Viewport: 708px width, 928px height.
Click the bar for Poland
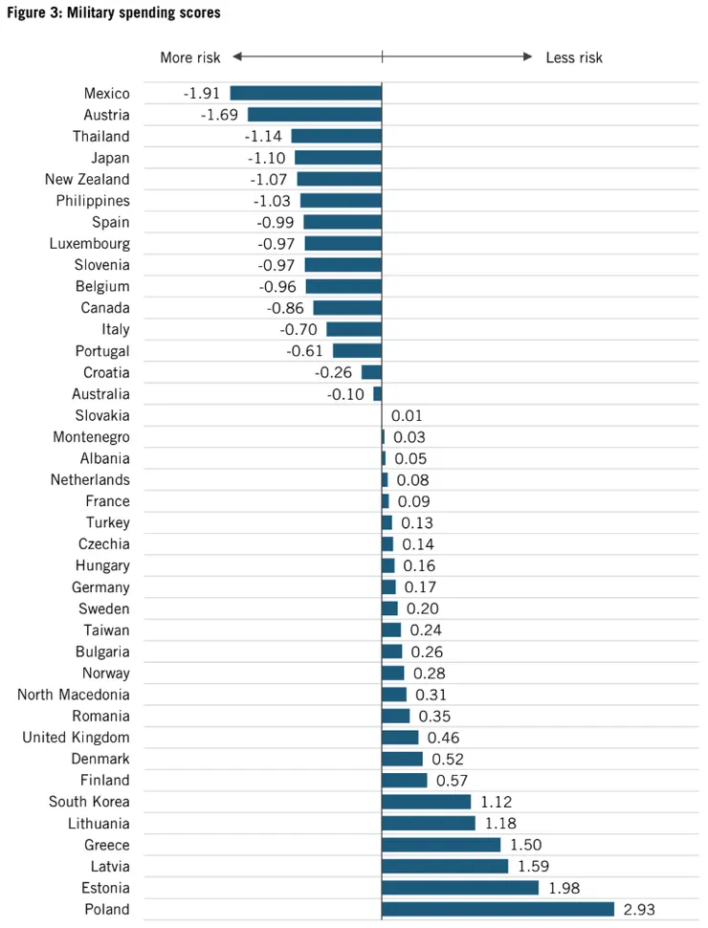pos(498,909)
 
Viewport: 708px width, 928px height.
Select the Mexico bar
pos(305,94)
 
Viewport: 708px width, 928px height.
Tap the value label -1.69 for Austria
pos(219,115)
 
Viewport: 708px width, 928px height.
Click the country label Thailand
pos(100,137)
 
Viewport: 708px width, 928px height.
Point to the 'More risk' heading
pos(189,57)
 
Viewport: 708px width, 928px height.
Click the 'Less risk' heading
pos(574,57)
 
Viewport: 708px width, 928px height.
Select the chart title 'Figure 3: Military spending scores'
pos(114,12)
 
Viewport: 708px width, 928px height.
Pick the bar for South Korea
pos(426,802)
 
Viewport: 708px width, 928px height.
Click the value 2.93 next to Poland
pos(639,909)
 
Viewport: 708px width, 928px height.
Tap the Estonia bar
pos(460,888)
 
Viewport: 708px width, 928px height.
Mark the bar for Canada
pos(347,308)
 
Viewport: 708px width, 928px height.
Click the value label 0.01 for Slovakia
pos(407,416)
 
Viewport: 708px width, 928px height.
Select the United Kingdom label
pos(76,738)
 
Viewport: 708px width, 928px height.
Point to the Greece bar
pos(441,845)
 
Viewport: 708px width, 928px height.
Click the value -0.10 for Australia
pos(345,394)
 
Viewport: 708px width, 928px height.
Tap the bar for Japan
pos(338,158)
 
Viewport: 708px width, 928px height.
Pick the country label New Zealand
pos(87,180)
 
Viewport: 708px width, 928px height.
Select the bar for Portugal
pos(357,351)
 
